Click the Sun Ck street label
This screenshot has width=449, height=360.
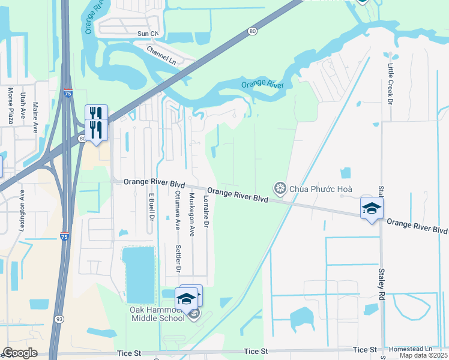[147, 34]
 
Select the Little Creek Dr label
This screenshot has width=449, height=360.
[390, 85]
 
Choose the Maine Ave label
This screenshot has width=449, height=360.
[36, 117]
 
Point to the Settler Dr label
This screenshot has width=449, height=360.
[178, 259]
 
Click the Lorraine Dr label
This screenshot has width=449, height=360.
[206, 211]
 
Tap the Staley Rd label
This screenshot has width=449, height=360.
[381, 284]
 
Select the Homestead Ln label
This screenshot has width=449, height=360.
[411, 349]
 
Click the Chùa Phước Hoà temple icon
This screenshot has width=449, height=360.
[279, 189]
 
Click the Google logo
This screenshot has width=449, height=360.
[19, 353]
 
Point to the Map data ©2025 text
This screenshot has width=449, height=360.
[423, 355]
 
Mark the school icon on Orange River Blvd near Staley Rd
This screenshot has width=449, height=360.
[372, 209]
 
